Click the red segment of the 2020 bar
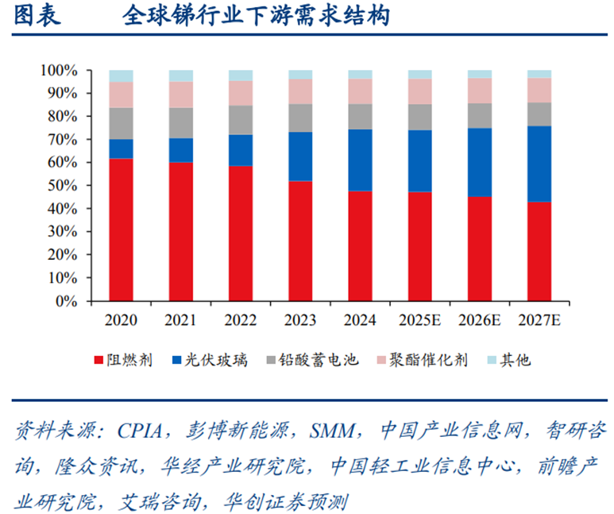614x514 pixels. (x=121, y=230)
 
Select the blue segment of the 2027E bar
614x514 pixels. (x=539, y=164)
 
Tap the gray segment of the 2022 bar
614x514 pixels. (x=241, y=120)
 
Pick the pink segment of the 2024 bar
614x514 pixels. (x=360, y=91)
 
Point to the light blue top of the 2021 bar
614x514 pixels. (x=180, y=75)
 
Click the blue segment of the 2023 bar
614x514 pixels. (x=300, y=157)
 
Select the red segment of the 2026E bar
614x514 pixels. (x=479, y=249)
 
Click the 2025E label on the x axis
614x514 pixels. (x=419, y=321)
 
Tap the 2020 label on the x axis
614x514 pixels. (x=121, y=321)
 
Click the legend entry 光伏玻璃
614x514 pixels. (x=209, y=360)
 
